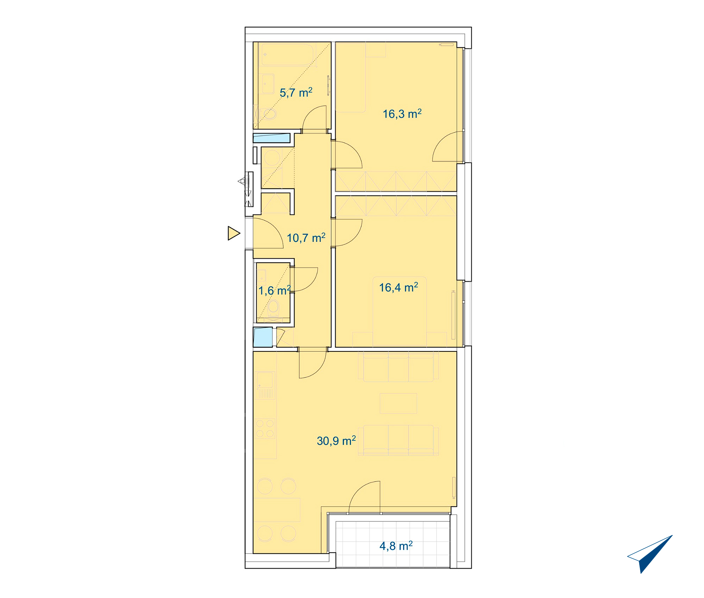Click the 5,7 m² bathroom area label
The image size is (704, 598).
click(296, 93)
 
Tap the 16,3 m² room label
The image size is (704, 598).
click(402, 114)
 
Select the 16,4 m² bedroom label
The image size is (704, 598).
click(398, 287)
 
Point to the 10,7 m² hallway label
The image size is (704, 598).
click(306, 238)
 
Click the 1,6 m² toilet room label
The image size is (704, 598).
click(275, 291)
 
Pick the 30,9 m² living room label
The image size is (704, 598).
click(336, 441)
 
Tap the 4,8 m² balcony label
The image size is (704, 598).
click(396, 546)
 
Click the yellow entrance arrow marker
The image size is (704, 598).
click(234, 233)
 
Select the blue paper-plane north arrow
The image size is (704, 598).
click(650, 554)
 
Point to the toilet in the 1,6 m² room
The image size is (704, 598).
click(273, 308)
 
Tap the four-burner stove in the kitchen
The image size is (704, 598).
click(265, 428)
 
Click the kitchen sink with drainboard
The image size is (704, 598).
click(265, 385)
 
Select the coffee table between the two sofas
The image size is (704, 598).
click(398, 403)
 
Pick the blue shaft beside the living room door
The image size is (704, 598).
click(263, 337)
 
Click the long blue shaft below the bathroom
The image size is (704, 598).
click(271, 138)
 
